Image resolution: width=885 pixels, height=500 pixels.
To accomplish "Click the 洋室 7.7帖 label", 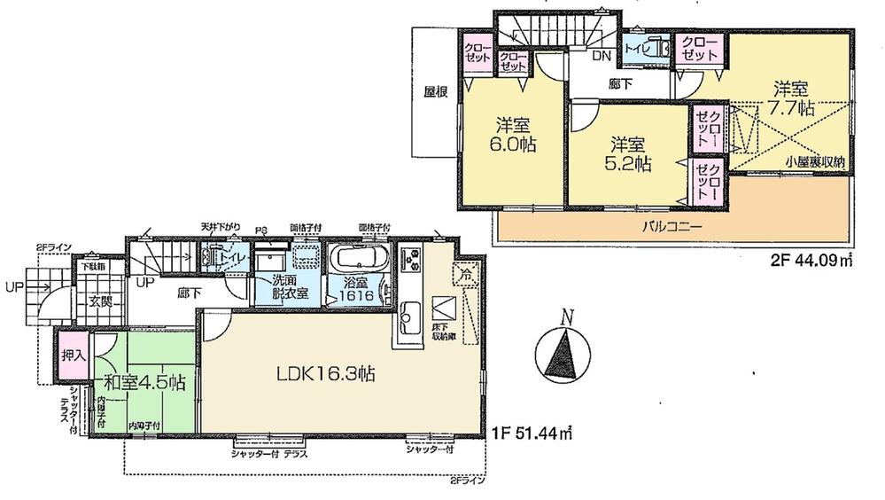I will (791, 98).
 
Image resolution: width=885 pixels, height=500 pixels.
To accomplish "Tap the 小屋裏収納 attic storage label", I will (811, 160).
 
